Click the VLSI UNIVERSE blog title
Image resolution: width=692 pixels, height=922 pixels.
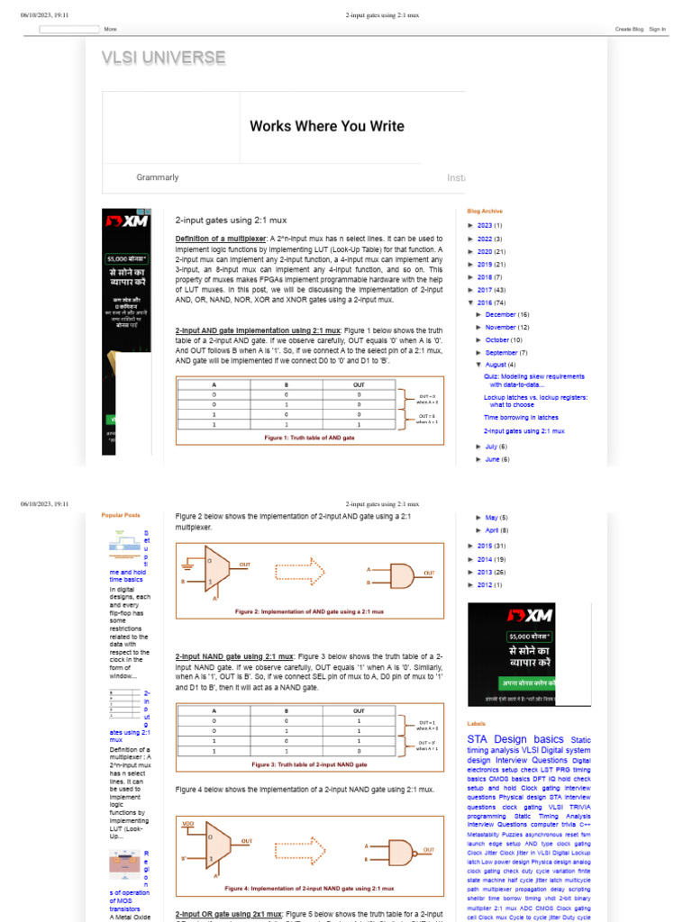pos(163,59)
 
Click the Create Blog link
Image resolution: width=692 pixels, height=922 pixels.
pos(629,29)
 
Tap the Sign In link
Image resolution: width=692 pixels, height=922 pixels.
pos(657,29)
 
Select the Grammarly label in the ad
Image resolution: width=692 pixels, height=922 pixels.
pos(158,177)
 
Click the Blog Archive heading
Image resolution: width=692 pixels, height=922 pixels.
pos(485,211)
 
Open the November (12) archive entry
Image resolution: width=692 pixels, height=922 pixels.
pos(507,328)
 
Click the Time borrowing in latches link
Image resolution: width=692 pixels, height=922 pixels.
pos(521,418)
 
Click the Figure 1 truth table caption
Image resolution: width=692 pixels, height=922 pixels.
pos(309,437)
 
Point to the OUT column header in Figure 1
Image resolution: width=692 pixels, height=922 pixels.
pos(358,384)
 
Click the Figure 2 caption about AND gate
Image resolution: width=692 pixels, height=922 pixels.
pos(309,611)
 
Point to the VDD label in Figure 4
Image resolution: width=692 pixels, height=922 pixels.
pos(188,823)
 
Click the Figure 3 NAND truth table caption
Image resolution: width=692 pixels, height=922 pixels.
pos(309,764)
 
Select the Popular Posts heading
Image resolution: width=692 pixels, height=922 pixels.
pos(121,515)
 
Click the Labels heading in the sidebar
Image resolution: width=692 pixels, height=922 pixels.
pos(477,723)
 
